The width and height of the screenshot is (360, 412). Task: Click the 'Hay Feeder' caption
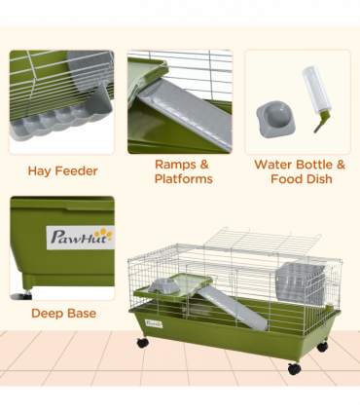coord(62,171)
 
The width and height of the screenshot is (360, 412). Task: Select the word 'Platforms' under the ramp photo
coord(183,179)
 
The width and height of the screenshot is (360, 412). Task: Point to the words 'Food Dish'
coord(300,179)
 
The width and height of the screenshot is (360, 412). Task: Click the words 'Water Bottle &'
coord(300,165)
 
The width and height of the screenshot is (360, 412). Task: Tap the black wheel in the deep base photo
coord(24,292)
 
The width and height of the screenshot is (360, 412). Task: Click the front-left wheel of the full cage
coord(143,343)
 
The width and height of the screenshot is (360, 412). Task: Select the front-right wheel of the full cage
coord(294,367)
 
